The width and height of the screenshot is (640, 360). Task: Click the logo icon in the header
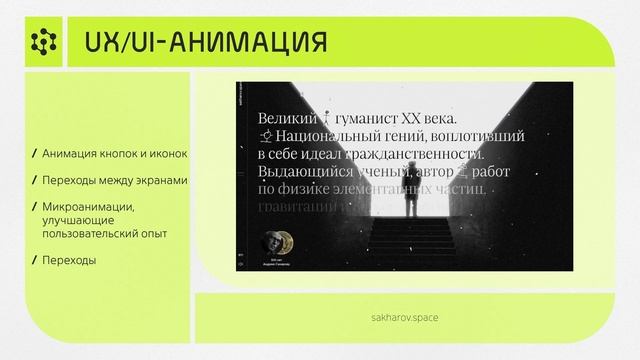click(43, 41)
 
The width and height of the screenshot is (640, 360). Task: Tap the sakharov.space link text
click(404, 316)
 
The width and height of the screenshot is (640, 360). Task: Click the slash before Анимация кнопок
click(35, 155)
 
